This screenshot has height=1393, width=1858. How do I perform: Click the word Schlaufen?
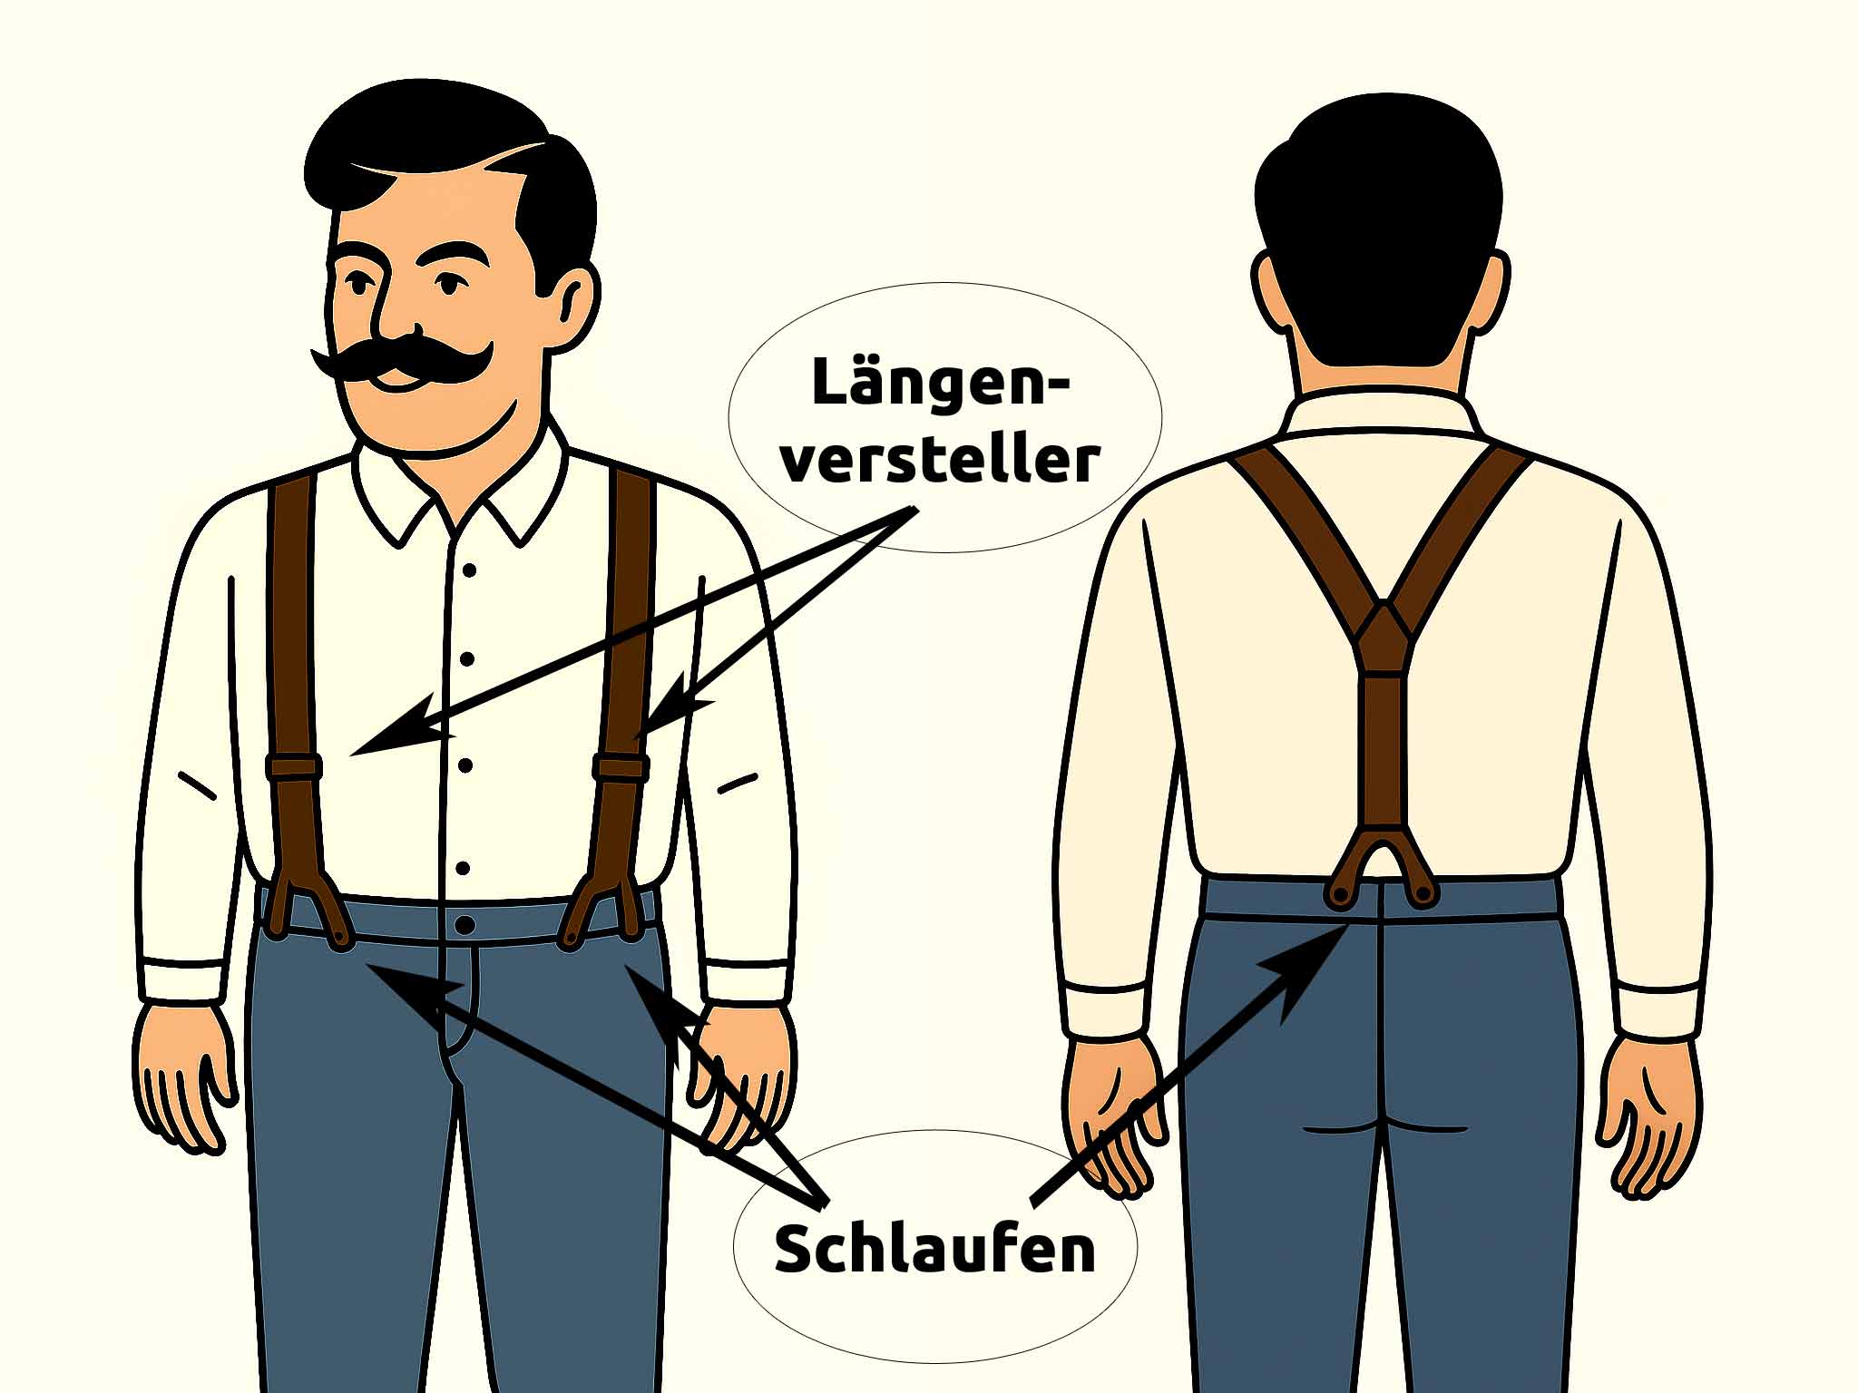(x=934, y=1250)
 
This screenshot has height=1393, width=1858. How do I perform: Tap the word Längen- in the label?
(x=940, y=383)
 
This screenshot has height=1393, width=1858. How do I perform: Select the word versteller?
(x=940, y=460)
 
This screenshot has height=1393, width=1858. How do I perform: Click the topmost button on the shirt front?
(x=469, y=570)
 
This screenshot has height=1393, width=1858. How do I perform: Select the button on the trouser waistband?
(x=464, y=925)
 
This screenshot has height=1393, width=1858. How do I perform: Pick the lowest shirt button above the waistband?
(x=464, y=868)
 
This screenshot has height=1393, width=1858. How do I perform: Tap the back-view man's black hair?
(x=1379, y=227)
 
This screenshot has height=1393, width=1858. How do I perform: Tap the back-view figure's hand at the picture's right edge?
(x=1647, y=1115)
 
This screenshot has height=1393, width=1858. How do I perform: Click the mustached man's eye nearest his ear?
(x=446, y=283)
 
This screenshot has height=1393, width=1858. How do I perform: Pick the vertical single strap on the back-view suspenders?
(x=1381, y=753)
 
